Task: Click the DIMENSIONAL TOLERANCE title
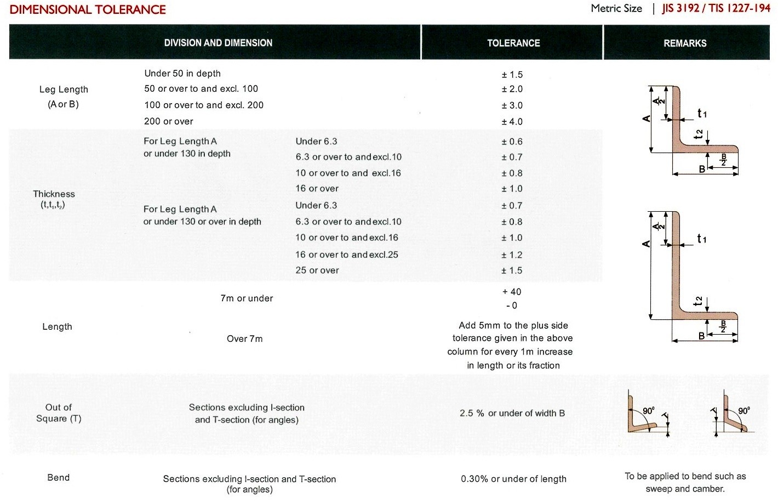[x=88, y=9]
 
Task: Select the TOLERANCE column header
[x=513, y=43]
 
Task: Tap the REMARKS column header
[x=685, y=43]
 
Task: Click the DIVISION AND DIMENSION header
[x=218, y=43]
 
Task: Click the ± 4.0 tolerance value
[x=512, y=122]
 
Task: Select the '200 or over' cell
[x=169, y=122]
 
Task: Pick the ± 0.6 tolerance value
[x=512, y=142]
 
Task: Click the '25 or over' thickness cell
[x=317, y=270]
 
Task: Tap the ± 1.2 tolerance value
[x=512, y=255]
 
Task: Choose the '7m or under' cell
[x=247, y=298]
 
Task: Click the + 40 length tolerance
[x=512, y=292]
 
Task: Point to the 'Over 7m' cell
[x=244, y=339]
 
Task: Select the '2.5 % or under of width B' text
[x=512, y=413]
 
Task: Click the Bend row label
[x=59, y=477]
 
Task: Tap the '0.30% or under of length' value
[x=513, y=479]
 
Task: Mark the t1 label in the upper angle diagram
[x=702, y=114]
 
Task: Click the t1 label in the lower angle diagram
[x=702, y=239]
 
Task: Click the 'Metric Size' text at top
[x=616, y=8]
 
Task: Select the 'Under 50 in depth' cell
[x=182, y=74]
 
